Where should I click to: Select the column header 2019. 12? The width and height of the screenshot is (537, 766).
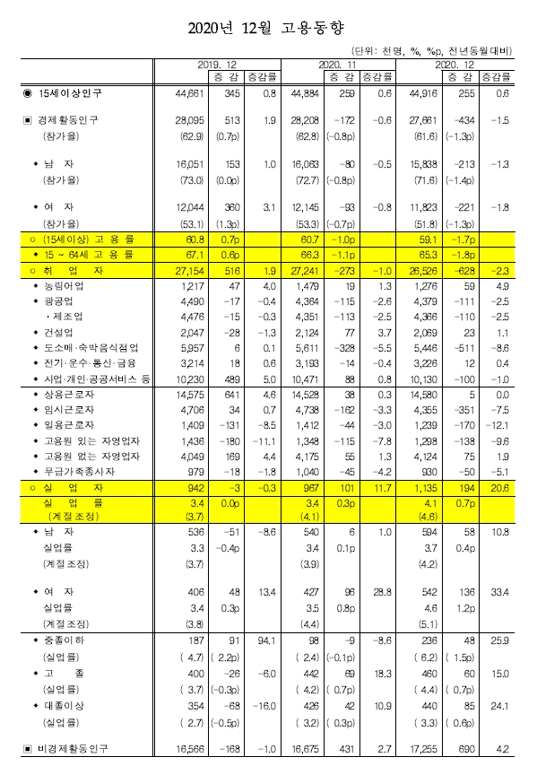click(x=217, y=66)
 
